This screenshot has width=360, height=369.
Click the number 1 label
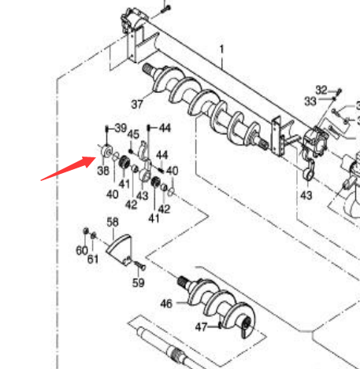[222, 50]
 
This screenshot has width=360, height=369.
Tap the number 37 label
[137, 105]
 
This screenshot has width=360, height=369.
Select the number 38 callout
[103, 171]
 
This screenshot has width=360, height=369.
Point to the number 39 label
[121, 128]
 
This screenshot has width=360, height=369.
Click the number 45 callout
[133, 135]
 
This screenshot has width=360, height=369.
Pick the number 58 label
[113, 222]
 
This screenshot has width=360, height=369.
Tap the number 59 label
[139, 283]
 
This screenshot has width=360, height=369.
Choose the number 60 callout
[82, 250]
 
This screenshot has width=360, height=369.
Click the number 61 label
[93, 259]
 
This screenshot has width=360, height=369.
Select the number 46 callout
[166, 304]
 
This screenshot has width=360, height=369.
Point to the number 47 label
[201, 327]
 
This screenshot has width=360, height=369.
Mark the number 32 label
[321, 90]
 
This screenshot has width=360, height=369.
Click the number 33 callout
[310, 101]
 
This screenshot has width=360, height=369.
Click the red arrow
[69, 168]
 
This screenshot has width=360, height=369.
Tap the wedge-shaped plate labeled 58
[120, 249]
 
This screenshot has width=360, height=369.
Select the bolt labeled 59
[140, 265]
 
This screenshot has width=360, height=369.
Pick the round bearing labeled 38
[107, 151]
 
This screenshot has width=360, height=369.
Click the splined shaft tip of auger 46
[182, 282]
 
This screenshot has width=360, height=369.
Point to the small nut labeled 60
[86, 231]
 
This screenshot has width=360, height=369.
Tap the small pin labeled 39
[107, 129]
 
